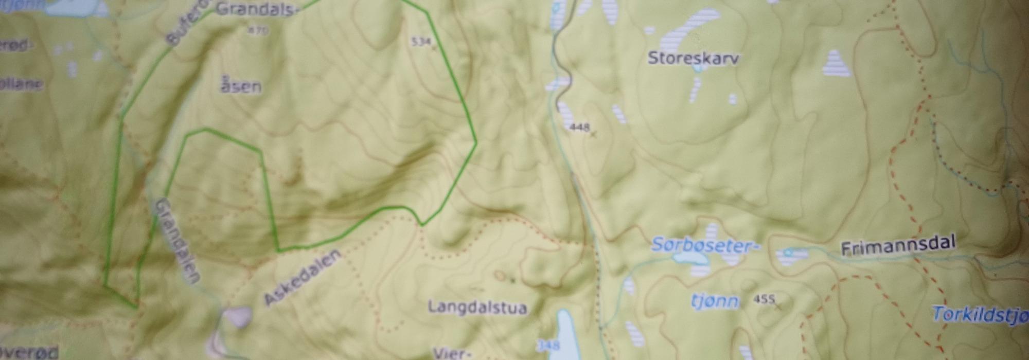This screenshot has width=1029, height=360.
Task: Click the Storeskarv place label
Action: (x=693, y=58)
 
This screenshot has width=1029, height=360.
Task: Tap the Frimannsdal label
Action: (x=898, y=246)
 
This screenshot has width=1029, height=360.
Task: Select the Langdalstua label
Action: (x=477, y=308)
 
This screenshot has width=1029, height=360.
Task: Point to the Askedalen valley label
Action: (x=302, y=277)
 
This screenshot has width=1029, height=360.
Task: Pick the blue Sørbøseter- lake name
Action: (x=705, y=245)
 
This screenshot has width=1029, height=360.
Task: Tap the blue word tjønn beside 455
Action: (x=715, y=301)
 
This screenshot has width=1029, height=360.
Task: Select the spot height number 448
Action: (x=579, y=127)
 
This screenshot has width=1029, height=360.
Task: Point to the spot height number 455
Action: (x=764, y=299)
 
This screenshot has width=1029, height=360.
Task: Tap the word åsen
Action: (x=241, y=86)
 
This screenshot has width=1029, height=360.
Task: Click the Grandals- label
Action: (x=256, y=9)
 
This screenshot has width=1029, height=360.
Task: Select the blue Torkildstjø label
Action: (x=980, y=315)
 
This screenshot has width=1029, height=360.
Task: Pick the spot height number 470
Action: (x=258, y=31)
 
